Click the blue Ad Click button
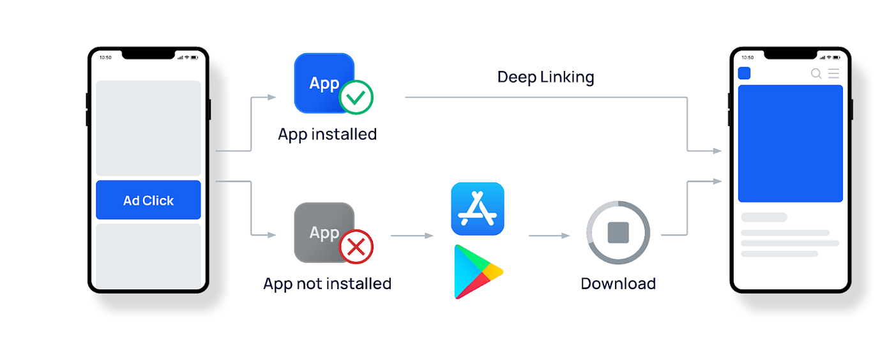(148, 200)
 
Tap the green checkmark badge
(356, 97)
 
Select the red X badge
(356, 246)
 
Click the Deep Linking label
(545, 77)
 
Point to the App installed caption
(327, 135)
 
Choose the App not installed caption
(327, 283)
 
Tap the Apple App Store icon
(478, 209)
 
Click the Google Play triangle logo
(476, 272)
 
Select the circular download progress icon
(618, 232)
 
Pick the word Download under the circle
(618, 283)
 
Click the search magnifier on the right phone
(816, 73)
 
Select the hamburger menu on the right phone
(833, 73)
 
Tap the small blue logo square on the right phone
(744, 73)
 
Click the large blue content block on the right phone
(790, 144)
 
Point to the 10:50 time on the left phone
(105, 57)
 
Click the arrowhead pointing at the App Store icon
(429, 236)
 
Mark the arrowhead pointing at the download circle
(566, 236)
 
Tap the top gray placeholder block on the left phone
(148, 128)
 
